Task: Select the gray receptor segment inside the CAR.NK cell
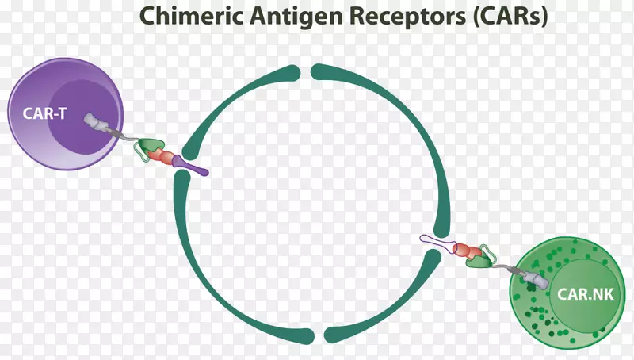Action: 536,278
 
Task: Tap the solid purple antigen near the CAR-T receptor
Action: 189,165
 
